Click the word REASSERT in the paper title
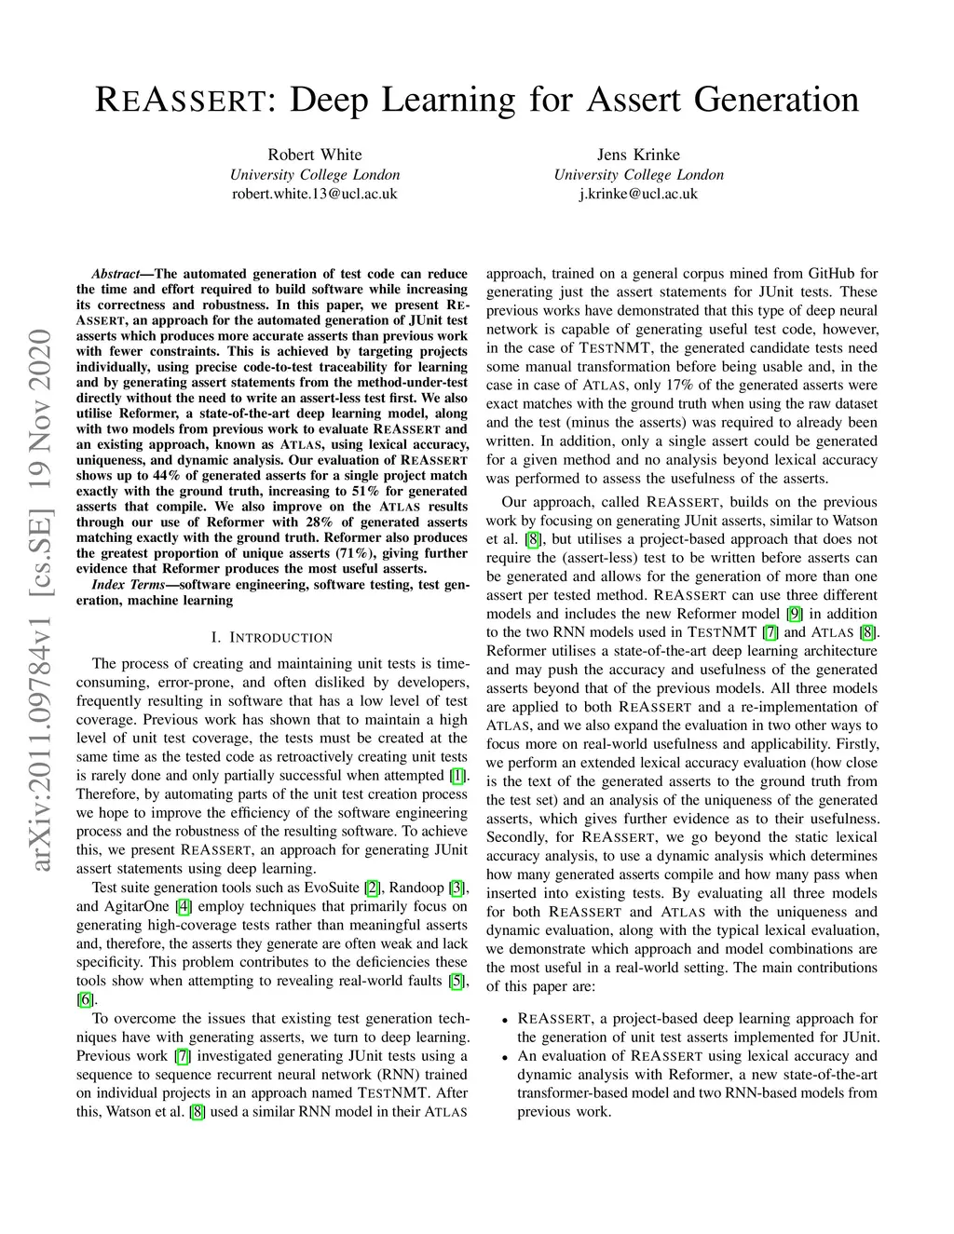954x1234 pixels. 182,100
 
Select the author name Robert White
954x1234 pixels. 315,155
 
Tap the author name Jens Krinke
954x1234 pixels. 638,155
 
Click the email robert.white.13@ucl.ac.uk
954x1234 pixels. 315,194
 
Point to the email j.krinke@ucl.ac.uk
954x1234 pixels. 638,194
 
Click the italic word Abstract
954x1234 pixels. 115,274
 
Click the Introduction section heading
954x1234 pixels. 271,638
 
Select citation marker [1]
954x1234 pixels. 457,776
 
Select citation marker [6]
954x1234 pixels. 85,999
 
